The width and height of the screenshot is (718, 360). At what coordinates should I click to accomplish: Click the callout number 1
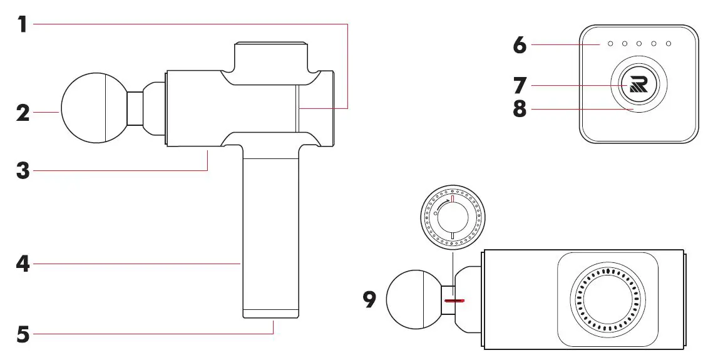click(23, 24)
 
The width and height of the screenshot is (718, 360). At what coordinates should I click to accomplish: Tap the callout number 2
click(23, 113)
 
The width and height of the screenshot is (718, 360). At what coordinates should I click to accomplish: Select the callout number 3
click(23, 170)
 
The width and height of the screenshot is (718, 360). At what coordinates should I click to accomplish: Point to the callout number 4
click(23, 264)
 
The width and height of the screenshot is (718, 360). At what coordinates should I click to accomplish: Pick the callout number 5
click(23, 334)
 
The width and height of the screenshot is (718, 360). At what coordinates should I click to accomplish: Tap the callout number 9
click(370, 300)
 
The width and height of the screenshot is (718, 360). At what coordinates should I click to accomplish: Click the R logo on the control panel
click(638, 83)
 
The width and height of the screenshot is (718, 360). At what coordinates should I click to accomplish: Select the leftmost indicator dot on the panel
click(610, 44)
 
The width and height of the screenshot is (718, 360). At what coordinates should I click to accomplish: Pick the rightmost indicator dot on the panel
click(669, 44)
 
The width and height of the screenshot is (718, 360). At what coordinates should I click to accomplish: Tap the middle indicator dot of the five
click(639, 44)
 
